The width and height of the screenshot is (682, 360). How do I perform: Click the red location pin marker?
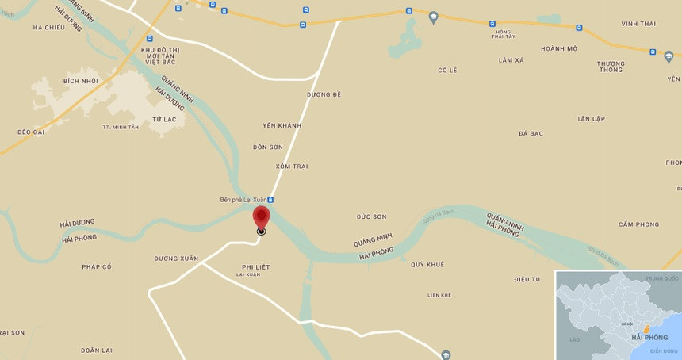pyautogui.click(x=261, y=216)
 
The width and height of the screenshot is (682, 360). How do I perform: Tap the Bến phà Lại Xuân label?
pyautogui.click(x=242, y=199)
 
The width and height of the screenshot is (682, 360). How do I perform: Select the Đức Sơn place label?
pyautogui.click(x=371, y=216)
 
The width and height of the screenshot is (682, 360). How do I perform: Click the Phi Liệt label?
pyautogui.click(x=255, y=267)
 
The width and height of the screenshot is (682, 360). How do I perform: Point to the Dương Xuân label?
pyautogui.click(x=176, y=259)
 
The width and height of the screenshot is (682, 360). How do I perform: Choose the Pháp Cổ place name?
pyautogui.click(x=97, y=266)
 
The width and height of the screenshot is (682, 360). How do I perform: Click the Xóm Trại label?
pyautogui.click(x=292, y=167)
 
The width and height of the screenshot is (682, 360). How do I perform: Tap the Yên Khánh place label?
pyautogui.click(x=282, y=125)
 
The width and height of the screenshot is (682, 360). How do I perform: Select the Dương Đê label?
pyautogui.click(x=324, y=94)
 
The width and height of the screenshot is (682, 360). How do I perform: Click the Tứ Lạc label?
pyautogui.click(x=164, y=118)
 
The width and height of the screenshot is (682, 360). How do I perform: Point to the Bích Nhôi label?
pyautogui.click(x=81, y=81)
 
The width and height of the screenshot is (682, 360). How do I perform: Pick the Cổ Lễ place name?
pyautogui.click(x=447, y=70)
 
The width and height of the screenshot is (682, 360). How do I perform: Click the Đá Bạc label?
pyautogui.click(x=531, y=133)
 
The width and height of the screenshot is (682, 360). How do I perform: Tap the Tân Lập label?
pyautogui.click(x=591, y=119)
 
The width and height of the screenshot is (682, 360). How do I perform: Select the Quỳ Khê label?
pyautogui.click(x=427, y=264)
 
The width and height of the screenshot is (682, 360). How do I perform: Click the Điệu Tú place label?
pyautogui.click(x=527, y=279)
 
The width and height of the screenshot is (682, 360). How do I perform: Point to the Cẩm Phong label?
pyautogui.click(x=638, y=224)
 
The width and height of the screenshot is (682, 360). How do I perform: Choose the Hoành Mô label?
pyautogui.click(x=559, y=48)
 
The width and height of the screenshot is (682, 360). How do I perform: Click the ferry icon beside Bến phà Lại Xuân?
pyautogui.click(x=270, y=200)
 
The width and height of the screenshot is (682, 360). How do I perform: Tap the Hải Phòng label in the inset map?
pyautogui.click(x=649, y=338)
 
